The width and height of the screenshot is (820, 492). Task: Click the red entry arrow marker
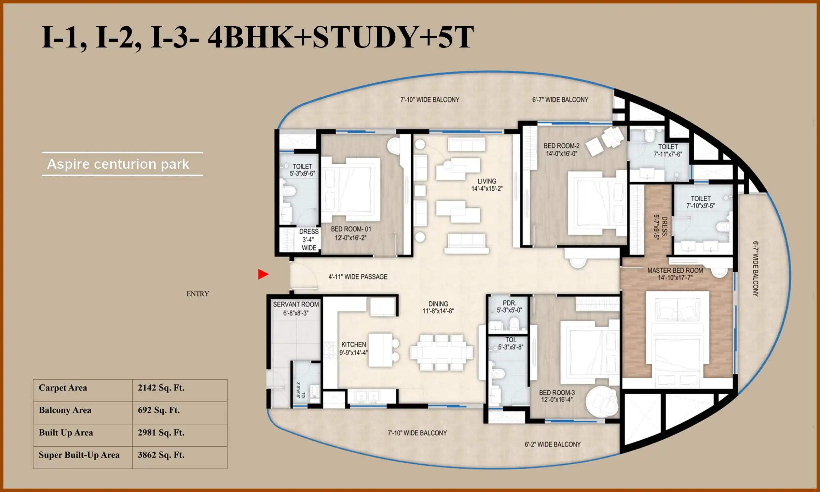pyautogui.click(x=263, y=274)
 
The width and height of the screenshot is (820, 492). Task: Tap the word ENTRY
pyautogui.click(x=197, y=294)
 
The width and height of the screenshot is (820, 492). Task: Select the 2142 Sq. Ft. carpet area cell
pyautogui.click(x=161, y=388)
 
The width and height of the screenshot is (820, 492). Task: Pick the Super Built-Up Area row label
pyautogui.click(x=79, y=455)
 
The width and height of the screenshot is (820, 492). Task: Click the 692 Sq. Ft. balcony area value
pyautogui.click(x=159, y=410)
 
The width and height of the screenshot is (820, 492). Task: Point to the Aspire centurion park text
pyautogui.click(x=118, y=164)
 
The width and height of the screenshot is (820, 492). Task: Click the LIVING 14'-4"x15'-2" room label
pyautogui.click(x=487, y=185)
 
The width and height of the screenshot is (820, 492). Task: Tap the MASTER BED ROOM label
pyautogui.click(x=675, y=274)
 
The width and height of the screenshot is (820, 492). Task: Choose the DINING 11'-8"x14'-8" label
pyautogui.click(x=438, y=307)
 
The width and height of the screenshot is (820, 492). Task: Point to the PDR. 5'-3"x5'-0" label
pyautogui.click(x=509, y=306)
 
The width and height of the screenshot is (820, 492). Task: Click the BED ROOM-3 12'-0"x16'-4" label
pyautogui.click(x=557, y=396)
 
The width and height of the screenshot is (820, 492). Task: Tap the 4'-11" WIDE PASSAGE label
pyautogui.click(x=358, y=277)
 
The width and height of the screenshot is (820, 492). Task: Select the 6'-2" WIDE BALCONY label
pyautogui.click(x=552, y=445)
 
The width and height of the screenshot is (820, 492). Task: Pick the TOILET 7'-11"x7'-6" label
pyautogui.click(x=668, y=150)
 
